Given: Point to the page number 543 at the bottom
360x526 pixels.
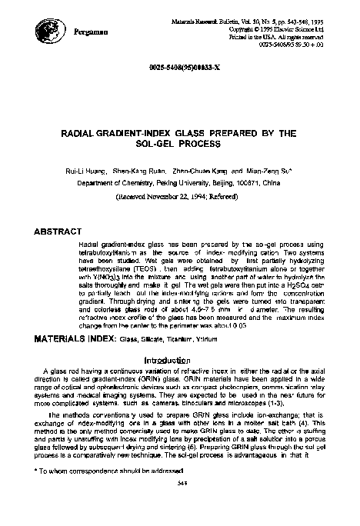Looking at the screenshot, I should (x=178, y=504).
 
